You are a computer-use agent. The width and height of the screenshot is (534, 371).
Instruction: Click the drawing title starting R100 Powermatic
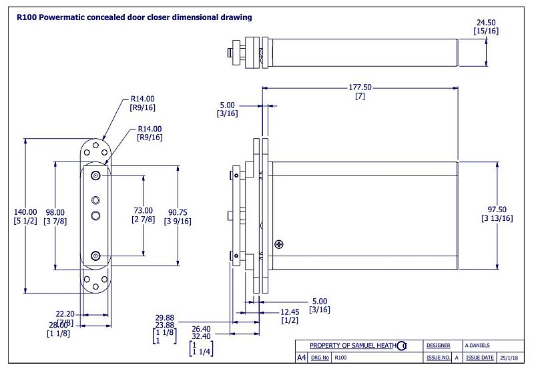(134, 17)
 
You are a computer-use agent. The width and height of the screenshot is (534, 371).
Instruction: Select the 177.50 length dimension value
(359, 87)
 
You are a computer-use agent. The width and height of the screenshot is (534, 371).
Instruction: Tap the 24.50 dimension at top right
(486, 22)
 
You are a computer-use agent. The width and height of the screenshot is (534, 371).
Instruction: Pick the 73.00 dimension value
(144, 210)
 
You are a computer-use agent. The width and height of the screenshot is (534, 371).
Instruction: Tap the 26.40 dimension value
(201, 328)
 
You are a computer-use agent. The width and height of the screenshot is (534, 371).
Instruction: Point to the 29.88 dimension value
(164, 318)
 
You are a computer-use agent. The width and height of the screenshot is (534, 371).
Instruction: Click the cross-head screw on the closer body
(278, 244)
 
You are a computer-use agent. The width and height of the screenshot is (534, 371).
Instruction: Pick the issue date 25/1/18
(509, 358)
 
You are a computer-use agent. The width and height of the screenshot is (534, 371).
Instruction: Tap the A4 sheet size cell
(301, 358)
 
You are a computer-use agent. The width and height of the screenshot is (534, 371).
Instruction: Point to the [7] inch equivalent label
(359, 97)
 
